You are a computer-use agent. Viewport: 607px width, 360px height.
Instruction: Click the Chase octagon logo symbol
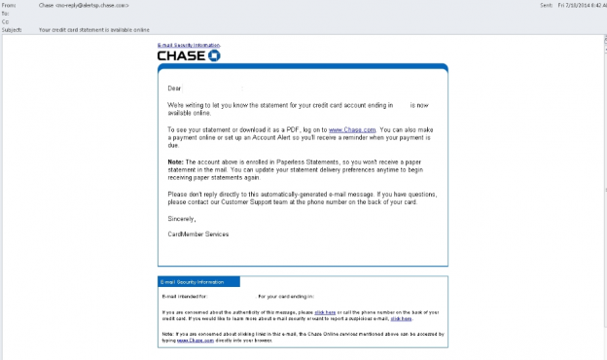(215, 55)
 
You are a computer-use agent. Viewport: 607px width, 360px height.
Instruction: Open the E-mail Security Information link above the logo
(189, 46)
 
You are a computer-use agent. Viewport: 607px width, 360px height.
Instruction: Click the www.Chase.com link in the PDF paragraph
(351, 129)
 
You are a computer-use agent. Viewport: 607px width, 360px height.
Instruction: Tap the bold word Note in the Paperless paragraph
(175, 161)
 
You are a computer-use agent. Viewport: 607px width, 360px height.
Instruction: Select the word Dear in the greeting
(175, 89)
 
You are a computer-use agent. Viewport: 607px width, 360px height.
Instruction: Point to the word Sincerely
(182, 218)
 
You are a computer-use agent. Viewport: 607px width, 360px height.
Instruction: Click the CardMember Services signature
(198, 234)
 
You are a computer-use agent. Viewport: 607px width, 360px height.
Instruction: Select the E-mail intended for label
(184, 295)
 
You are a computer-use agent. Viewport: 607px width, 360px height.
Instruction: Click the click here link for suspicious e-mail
(400, 318)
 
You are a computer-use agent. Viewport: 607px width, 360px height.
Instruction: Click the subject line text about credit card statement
(91, 29)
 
